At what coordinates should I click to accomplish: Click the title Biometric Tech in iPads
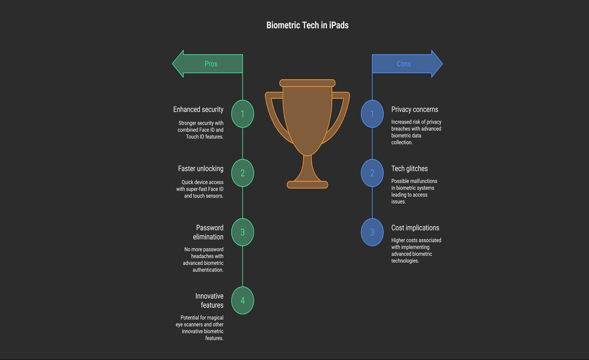tap(307, 25)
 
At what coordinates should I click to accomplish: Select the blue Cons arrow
tap(406, 64)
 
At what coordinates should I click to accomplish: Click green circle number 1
tap(242, 114)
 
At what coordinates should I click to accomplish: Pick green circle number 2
tap(242, 173)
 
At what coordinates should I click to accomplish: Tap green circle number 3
tap(242, 232)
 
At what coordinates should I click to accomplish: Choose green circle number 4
tap(242, 300)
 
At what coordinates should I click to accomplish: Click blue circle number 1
tap(372, 114)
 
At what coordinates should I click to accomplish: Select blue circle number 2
tap(372, 173)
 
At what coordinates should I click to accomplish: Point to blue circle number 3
tap(372, 232)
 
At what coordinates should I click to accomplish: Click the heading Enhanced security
tap(198, 109)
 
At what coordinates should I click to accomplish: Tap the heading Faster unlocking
tap(200, 169)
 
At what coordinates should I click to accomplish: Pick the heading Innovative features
tap(210, 300)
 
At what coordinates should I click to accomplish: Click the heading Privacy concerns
tap(415, 109)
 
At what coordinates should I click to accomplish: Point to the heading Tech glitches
tap(410, 169)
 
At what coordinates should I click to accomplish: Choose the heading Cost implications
tap(415, 228)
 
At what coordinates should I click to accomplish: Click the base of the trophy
tap(307, 185)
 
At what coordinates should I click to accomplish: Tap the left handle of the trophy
tap(273, 115)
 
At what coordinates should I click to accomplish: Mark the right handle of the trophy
tap(342, 115)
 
